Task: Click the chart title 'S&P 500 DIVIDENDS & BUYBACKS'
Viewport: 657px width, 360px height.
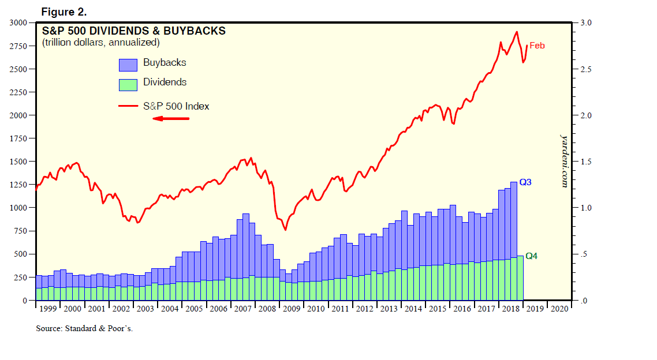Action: [x=133, y=31]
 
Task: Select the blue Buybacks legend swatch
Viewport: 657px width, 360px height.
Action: [x=128, y=64]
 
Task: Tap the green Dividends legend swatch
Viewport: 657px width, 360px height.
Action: [x=128, y=84]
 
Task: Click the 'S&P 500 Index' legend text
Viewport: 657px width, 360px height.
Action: [x=176, y=106]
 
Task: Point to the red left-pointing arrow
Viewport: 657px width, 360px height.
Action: [x=170, y=119]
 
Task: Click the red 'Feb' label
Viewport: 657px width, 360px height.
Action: [x=537, y=46]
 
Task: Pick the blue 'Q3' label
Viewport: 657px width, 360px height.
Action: [x=525, y=182]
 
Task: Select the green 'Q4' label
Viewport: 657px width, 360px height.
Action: [x=531, y=256]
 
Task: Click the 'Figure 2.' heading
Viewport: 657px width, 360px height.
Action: [x=64, y=12]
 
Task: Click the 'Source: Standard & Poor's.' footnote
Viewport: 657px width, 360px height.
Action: [x=88, y=328]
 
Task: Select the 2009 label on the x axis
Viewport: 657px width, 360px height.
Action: [x=292, y=309]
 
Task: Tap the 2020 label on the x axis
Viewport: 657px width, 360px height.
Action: [x=559, y=309]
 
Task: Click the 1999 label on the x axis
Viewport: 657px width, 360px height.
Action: [x=48, y=309]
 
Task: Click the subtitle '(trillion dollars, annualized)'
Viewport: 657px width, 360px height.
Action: [x=100, y=43]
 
